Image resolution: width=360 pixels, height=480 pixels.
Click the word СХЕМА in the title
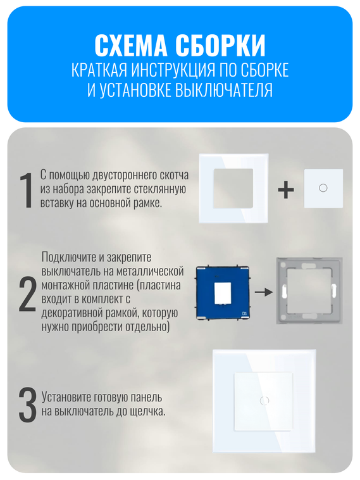[x=131, y=45]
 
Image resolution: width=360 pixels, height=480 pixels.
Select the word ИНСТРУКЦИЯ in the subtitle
[x=180, y=70]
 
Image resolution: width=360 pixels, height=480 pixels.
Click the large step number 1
[x=26, y=189]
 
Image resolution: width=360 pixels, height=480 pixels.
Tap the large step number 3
[x=27, y=405]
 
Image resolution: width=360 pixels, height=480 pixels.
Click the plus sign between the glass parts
[x=286, y=189]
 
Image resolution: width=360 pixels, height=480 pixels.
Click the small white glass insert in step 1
[x=323, y=188]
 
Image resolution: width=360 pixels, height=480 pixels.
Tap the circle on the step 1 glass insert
[x=323, y=188]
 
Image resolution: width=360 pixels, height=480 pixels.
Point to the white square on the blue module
[x=223, y=293]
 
